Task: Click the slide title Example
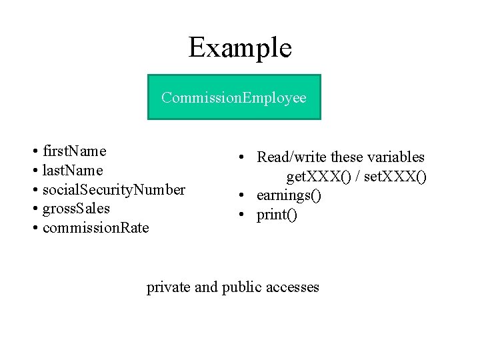pos(240,48)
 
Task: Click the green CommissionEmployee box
pos(234,97)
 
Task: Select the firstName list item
pos(75,151)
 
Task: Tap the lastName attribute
pos(73,170)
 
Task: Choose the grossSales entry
pos(76,209)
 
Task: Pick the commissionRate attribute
pos(96,228)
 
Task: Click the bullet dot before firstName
pos(35,151)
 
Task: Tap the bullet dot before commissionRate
pos(35,228)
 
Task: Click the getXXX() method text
pos(319,177)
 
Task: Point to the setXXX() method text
pos(395,177)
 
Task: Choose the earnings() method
pos(289,195)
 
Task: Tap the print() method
pos(277,215)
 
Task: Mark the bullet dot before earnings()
pos(241,195)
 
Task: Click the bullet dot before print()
pos(241,214)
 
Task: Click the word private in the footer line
pos(169,288)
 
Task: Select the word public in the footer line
pos(241,288)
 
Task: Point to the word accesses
pos(293,288)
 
